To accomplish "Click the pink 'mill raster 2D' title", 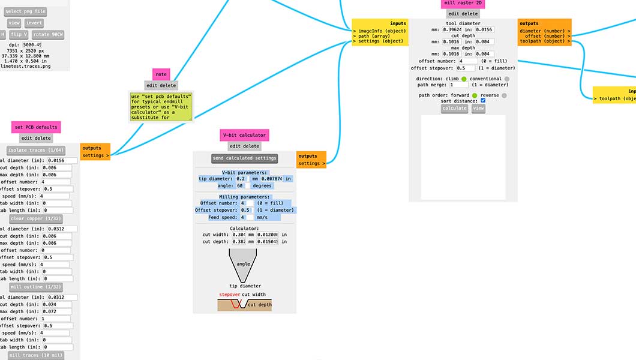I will tap(462, 3).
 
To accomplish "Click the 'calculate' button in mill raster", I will tap(454, 109).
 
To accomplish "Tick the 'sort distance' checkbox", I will tap(483, 101).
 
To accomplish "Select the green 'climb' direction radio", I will tap(464, 79).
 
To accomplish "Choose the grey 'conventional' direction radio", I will tap(507, 79).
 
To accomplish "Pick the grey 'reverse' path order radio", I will tap(504, 95).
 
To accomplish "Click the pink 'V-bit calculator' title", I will tap(244, 135).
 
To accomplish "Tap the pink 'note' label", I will tap(161, 74).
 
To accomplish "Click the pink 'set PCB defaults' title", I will tap(36, 127).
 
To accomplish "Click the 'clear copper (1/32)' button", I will tap(36, 218).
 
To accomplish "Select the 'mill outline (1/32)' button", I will tap(37, 287).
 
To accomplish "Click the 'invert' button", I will tap(34, 23).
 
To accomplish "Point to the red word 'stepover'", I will tap(229, 295).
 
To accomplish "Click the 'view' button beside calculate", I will tap(478, 109).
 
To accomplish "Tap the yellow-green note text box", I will tap(161, 107).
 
